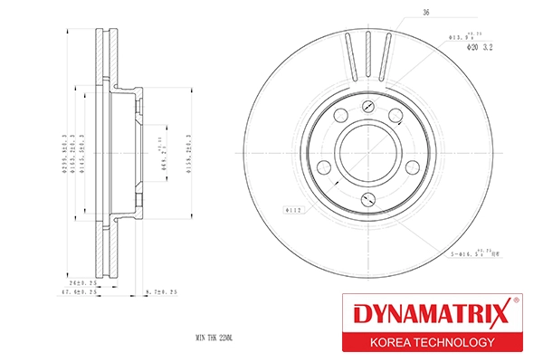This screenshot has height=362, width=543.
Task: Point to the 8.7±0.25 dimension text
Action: click(x=160, y=292)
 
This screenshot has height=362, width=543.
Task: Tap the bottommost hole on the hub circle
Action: click(x=365, y=198)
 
